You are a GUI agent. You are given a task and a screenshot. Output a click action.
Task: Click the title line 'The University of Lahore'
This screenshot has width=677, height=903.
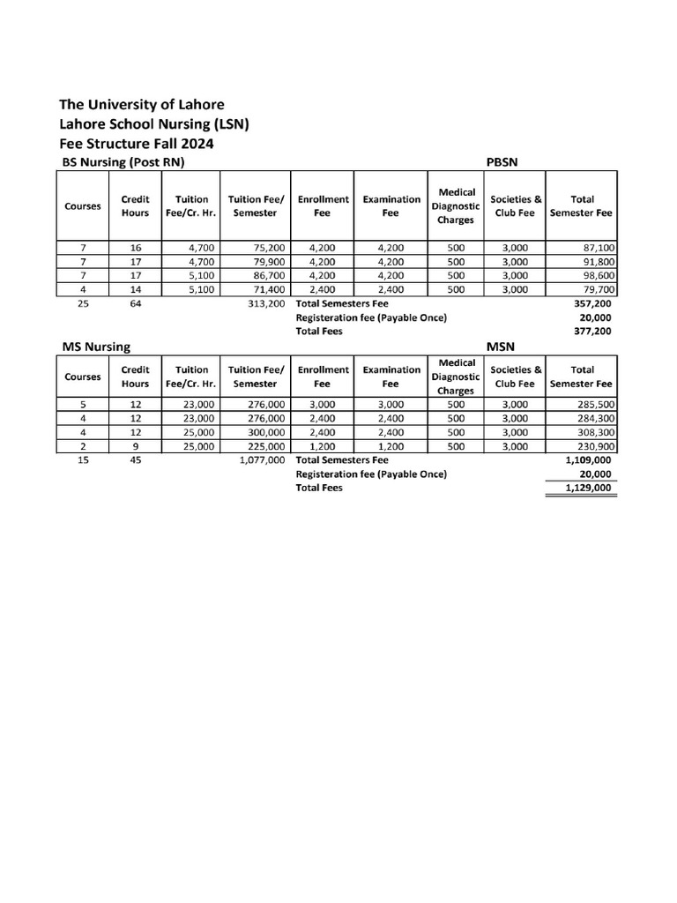click(141, 105)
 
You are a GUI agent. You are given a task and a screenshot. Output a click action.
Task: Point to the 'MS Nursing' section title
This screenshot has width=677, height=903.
click(96, 347)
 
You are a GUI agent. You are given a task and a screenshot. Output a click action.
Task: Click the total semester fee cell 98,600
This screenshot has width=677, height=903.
click(596, 275)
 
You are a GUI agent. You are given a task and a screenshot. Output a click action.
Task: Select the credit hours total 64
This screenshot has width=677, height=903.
click(136, 303)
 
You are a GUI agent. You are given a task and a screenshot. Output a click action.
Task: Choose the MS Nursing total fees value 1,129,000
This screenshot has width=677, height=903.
click(587, 489)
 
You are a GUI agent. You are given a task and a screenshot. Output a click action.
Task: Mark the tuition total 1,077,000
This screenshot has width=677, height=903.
click(262, 460)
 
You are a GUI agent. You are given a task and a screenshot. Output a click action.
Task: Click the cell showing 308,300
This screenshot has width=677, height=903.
click(596, 433)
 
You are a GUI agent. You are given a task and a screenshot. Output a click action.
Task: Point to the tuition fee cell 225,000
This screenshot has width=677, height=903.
click(265, 447)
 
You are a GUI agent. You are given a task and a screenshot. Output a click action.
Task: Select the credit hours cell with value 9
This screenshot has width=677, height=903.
click(136, 447)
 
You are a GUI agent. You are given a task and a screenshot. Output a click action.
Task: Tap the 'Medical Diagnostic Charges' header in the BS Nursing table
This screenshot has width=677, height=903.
click(456, 205)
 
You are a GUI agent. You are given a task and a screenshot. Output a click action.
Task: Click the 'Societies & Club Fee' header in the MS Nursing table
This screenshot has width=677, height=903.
click(517, 377)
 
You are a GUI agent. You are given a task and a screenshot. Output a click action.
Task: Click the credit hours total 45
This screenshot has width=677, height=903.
click(136, 460)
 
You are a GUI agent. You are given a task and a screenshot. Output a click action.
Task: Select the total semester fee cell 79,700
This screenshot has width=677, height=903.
click(596, 289)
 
